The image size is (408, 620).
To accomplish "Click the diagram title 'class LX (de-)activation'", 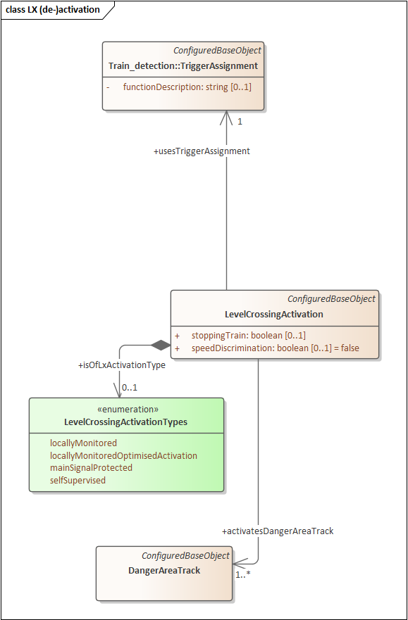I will click(53, 10).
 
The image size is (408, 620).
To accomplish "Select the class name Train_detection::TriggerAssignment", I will click(183, 66).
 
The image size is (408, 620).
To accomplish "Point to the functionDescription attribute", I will click(187, 87).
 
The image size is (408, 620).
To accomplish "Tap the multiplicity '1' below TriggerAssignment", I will click(240, 122).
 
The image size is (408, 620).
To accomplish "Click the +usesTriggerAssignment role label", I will click(202, 151).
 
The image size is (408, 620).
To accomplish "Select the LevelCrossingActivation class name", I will click(274, 315).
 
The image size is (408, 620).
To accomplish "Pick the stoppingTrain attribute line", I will click(248, 335).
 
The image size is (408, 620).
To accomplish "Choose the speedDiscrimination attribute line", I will click(275, 348).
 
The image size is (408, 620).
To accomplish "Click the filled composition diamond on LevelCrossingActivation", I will click(161, 345).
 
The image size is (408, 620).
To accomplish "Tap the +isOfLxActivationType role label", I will click(122, 366).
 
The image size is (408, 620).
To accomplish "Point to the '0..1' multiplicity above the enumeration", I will click(130, 388).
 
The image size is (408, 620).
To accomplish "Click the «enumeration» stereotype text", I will click(126, 410).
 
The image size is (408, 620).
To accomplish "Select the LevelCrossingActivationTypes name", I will click(126, 422).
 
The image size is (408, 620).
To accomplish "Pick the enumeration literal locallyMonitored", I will click(83, 443).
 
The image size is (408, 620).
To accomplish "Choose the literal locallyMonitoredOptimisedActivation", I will click(123, 455).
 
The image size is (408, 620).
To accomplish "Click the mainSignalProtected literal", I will click(91, 467).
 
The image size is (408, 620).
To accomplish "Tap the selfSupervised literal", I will click(78, 480).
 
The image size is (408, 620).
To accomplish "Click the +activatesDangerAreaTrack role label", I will click(278, 531).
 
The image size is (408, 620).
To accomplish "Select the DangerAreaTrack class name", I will click(164, 571).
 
